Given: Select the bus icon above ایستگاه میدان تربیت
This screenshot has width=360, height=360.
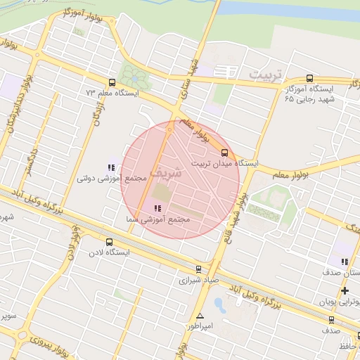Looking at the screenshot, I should click(225, 152).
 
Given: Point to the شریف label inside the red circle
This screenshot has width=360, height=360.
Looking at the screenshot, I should click(167, 171).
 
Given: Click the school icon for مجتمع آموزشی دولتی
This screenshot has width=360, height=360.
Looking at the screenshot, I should click(110, 167).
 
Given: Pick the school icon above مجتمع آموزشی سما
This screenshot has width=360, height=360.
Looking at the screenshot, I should click(157, 208).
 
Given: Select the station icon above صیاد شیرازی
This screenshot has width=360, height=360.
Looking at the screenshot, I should click(198, 269).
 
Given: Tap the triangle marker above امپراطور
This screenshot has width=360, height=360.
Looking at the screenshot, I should click(200, 316).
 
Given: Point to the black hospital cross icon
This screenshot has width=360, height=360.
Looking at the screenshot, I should click(345, 290).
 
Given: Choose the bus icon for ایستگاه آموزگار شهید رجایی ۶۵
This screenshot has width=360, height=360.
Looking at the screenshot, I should click(310, 79).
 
